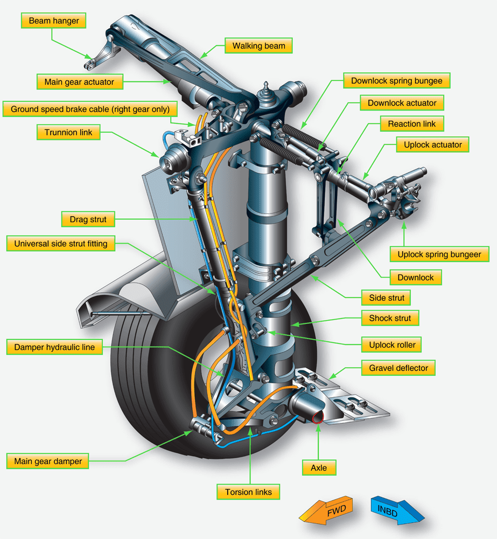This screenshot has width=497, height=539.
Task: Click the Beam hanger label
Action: [x=54, y=21]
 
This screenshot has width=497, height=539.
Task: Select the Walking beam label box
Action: [x=258, y=46]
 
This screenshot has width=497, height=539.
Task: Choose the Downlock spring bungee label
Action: [x=396, y=81]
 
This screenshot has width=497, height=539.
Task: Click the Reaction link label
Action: [x=412, y=124]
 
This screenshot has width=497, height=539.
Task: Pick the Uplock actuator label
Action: [x=433, y=145]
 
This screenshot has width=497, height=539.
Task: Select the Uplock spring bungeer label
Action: [x=439, y=254]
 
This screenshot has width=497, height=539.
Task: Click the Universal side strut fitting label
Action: [x=61, y=244]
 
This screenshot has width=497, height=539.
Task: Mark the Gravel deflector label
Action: [x=398, y=369]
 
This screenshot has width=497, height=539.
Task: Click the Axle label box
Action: [x=319, y=468]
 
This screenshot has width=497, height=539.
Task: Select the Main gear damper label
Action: [x=48, y=461]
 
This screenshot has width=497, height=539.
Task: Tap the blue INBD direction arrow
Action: [x=398, y=510]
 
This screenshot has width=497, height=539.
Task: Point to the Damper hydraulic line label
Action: [x=53, y=348]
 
